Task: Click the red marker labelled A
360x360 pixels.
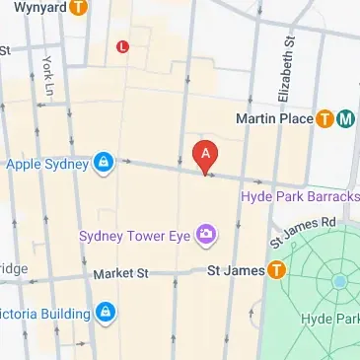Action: tap(205, 155)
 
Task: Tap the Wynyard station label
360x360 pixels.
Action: tap(35, 7)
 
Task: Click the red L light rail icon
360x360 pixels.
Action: tap(122, 45)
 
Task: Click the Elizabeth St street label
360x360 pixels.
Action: tap(288, 71)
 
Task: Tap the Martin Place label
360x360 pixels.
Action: tap(274, 119)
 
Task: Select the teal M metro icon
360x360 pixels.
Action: tap(345, 119)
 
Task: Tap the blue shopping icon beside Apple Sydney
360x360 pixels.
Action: tap(103, 162)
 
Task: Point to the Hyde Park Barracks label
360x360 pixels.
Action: tap(300, 196)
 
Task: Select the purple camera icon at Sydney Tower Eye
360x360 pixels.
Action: tap(206, 235)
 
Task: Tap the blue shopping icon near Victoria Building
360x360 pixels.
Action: tap(106, 314)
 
